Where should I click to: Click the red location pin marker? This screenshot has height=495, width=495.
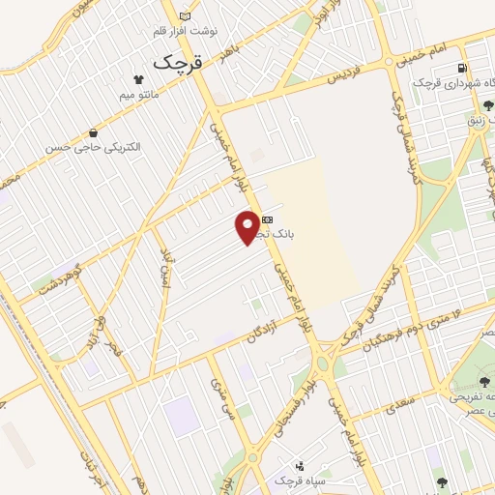point(248,226)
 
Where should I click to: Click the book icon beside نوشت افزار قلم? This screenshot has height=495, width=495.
point(186,16)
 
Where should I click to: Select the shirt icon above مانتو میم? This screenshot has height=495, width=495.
point(137,79)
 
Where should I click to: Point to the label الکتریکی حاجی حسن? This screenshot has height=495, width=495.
point(93,148)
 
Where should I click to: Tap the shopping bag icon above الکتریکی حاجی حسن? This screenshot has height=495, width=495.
point(93,132)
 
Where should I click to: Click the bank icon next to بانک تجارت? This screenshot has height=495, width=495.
point(267,220)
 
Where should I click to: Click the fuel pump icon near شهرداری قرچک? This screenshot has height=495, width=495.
point(463,68)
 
